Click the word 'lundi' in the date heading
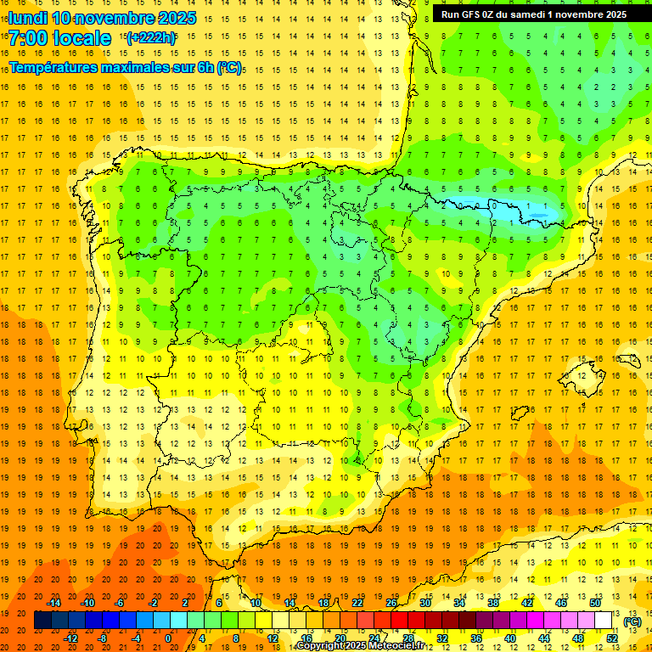[x=27, y=18]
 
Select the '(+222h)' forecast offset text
[x=150, y=37]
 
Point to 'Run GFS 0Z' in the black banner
[x=469, y=14]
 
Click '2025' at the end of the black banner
[x=611, y=14]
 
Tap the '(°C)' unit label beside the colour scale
[x=632, y=621]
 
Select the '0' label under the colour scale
[x=168, y=638]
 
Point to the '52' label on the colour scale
[x=614, y=638]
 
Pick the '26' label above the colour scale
[x=391, y=603]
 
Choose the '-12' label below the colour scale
[x=70, y=638]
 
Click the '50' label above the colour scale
[x=595, y=603]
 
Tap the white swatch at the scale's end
[x=604, y=621]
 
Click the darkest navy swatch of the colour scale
[x=42, y=621]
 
